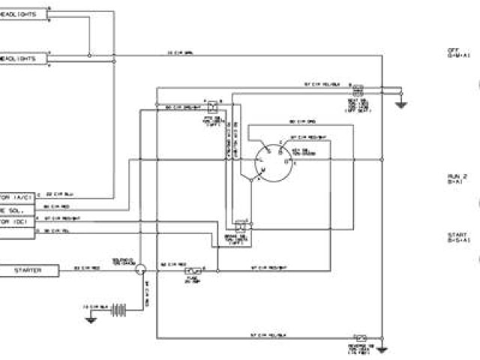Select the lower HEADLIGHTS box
22,58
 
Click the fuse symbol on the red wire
190,269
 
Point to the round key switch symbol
269,159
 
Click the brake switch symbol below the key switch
241,223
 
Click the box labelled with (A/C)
16,196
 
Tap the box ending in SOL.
16,209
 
